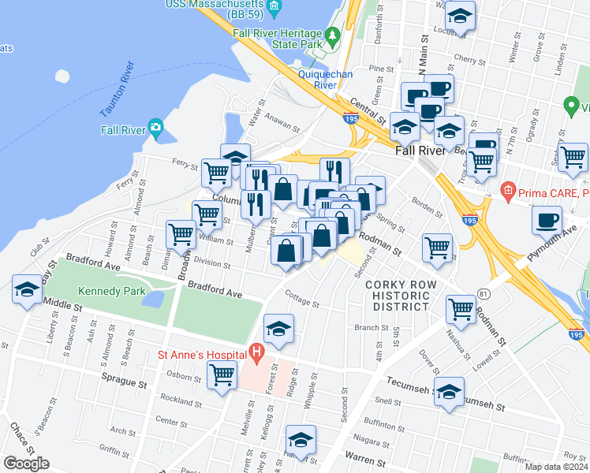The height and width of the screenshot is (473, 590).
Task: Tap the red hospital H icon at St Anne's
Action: pyautogui.click(x=255, y=352)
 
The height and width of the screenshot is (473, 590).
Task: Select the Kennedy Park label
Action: pyautogui.click(x=111, y=291)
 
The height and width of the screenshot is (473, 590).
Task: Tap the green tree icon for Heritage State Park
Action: pyautogui.click(x=333, y=35)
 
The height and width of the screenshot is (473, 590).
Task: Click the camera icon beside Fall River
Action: pyautogui.click(x=156, y=127)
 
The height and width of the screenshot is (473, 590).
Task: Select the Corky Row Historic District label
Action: pyautogui.click(x=401, y=294)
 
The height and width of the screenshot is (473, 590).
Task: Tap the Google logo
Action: pyautogui.click(x=26, y=464)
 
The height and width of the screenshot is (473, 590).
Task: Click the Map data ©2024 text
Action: pyautogui.click(x=556, y=467)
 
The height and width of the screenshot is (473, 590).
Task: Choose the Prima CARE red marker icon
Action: pyautogui.click(x=508, y=191)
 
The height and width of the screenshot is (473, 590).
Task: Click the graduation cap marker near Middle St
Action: pyautogui.click(x=27, y=290)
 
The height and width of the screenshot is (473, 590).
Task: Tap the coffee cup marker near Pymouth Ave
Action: pyautogui.click(x=547, y=221)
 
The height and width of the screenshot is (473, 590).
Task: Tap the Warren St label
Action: pyautogui.click(x=365, y=456)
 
